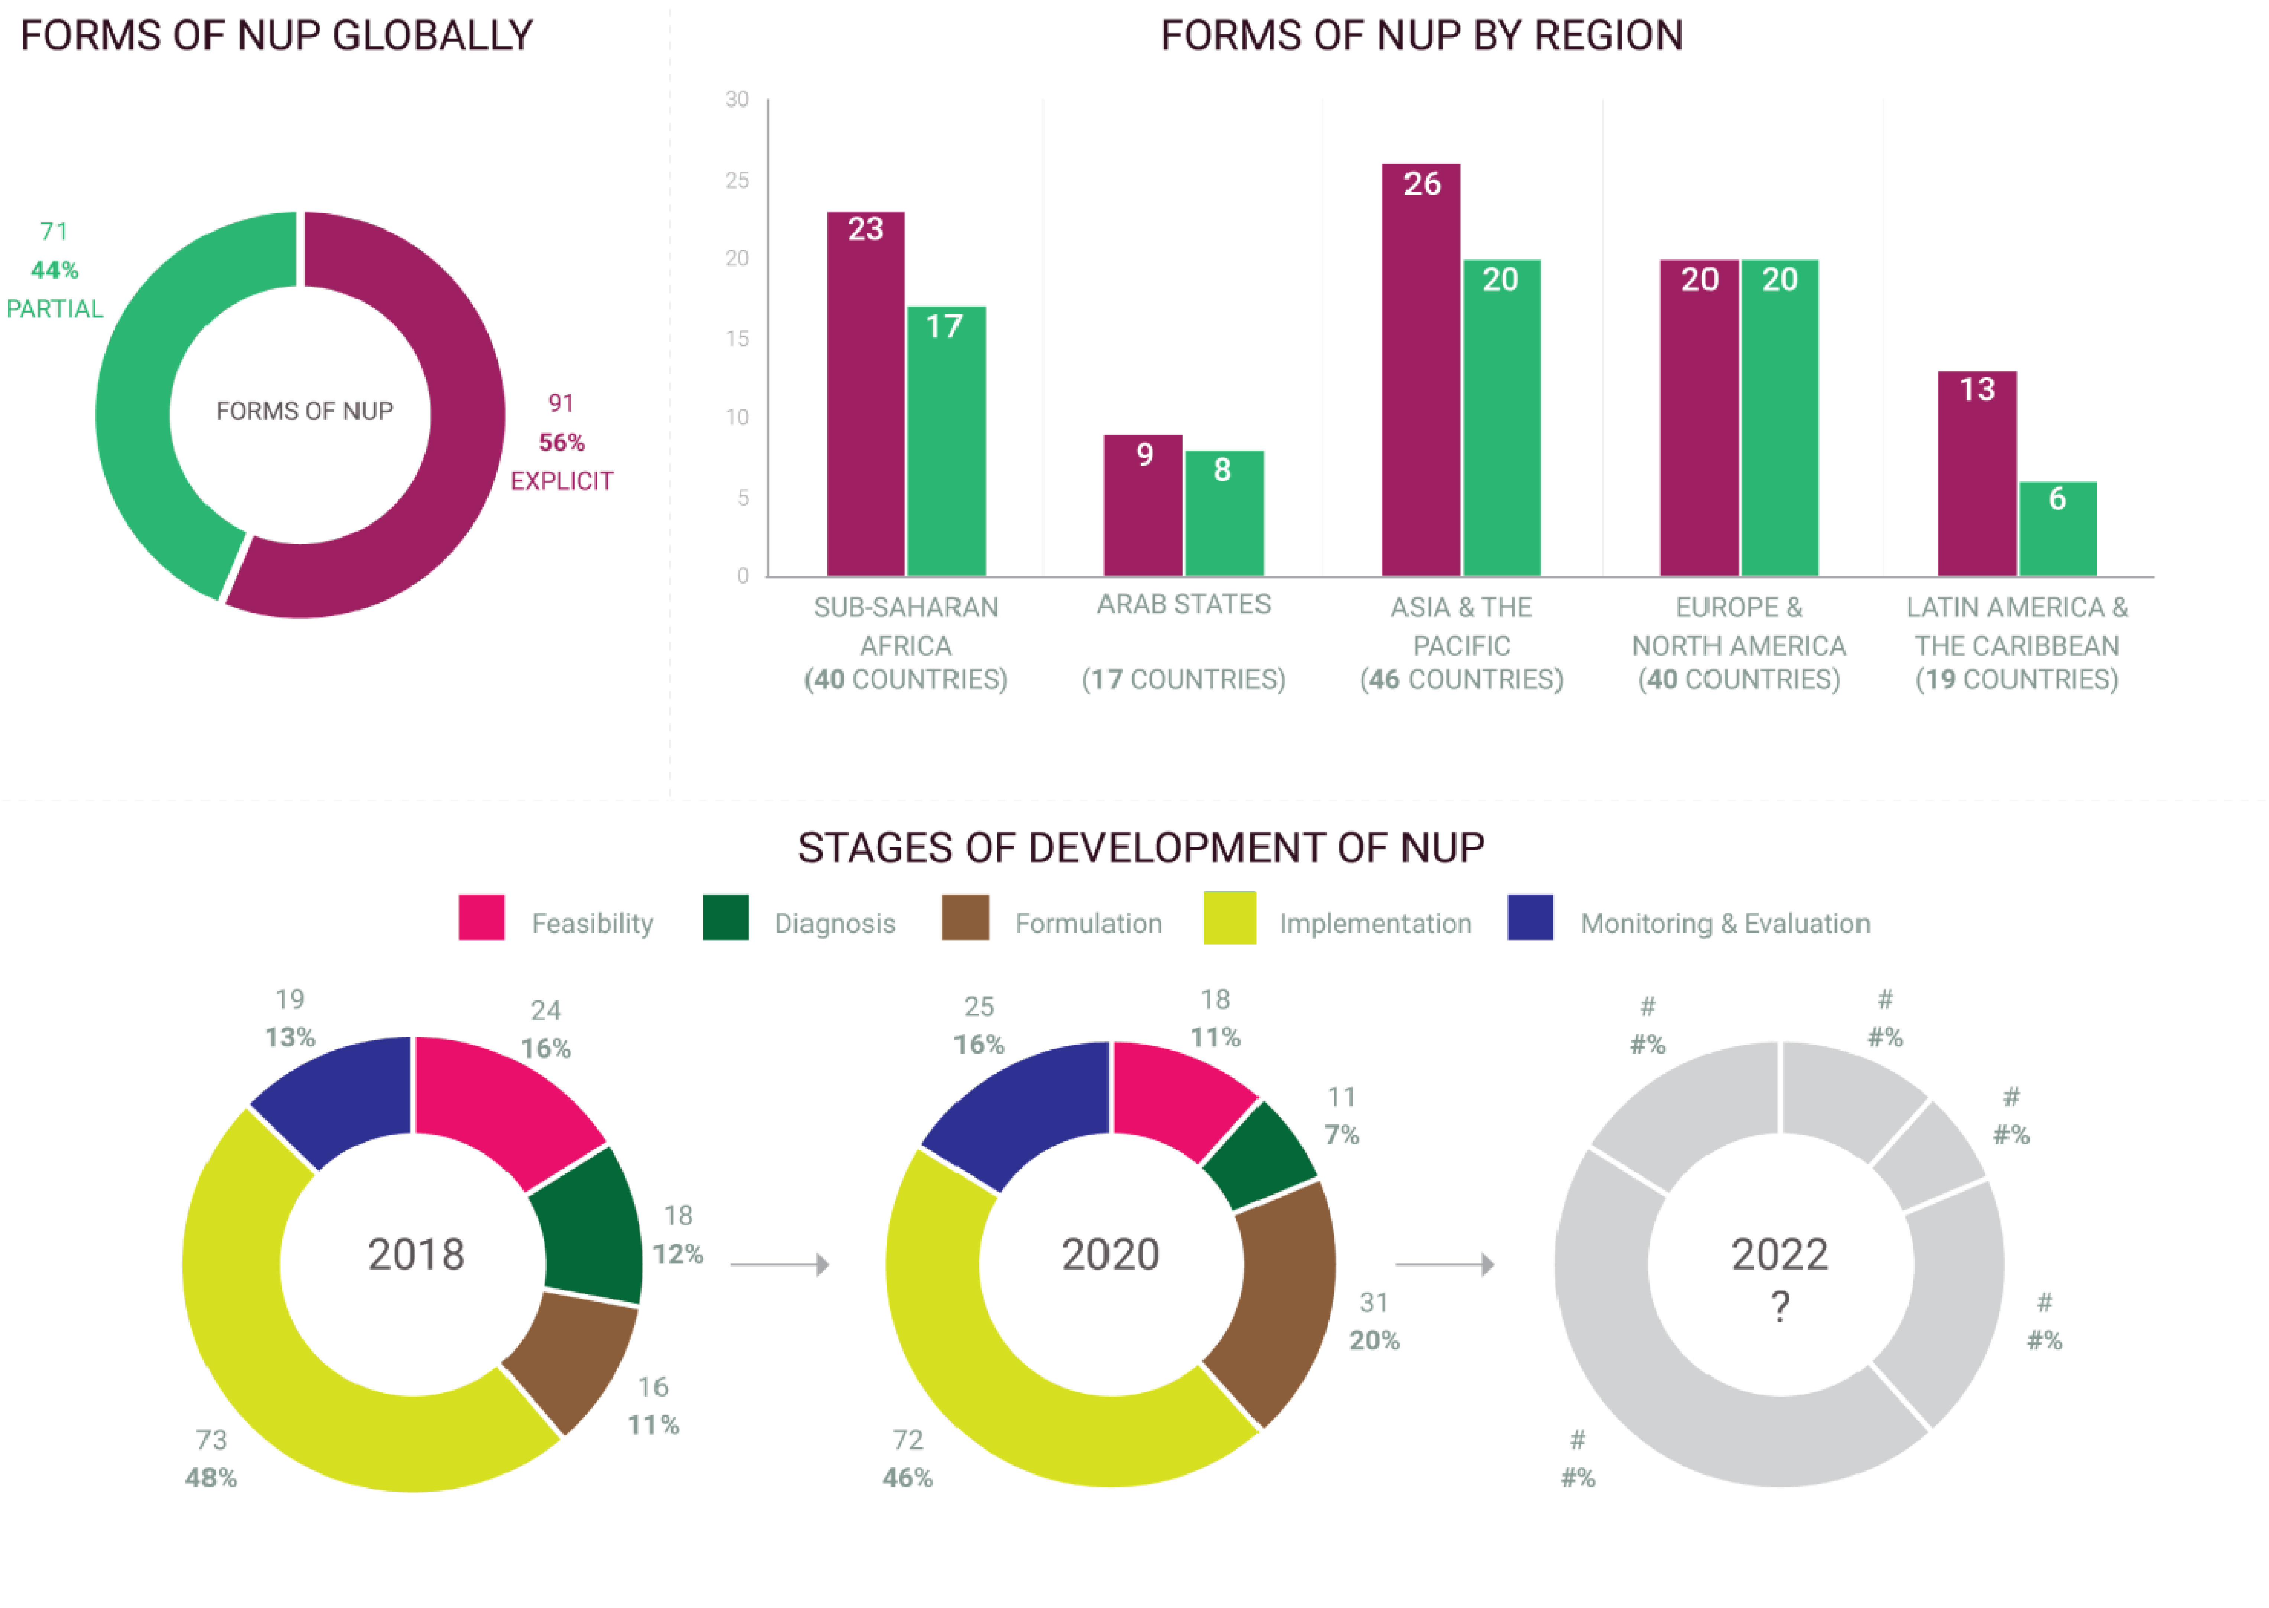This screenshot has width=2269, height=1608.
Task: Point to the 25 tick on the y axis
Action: (x=737, y=180)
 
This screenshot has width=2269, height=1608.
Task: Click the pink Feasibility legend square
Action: (x=481, y=918)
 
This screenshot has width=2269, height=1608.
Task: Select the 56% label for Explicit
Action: (x=562, y=443)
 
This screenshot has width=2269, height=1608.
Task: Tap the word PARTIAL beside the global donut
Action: (x=55, y=309)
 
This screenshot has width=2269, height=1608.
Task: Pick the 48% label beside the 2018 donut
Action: (x=211, y=1478)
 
